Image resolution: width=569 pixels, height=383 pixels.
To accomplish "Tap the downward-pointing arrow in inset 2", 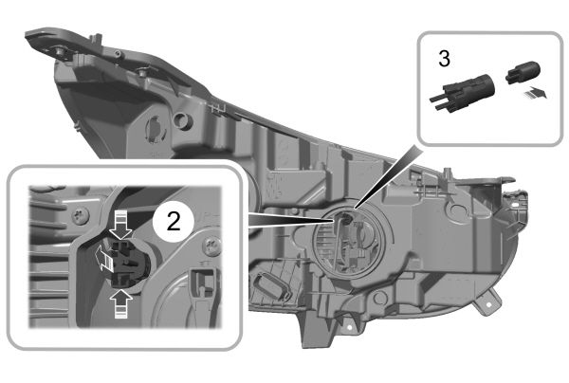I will (x=119, y=228).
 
